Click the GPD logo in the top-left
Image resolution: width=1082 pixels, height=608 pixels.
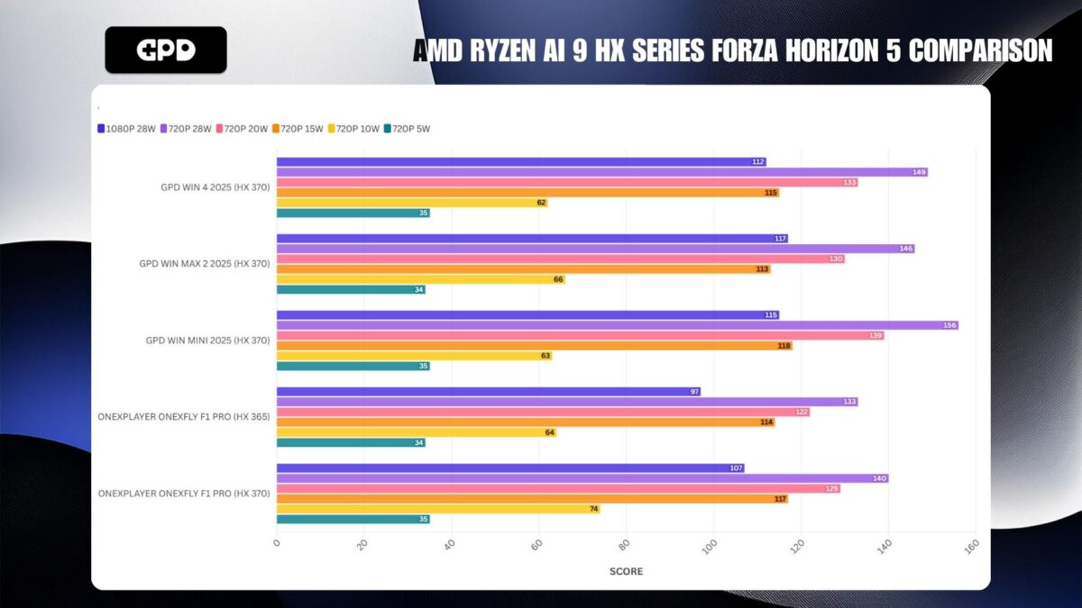click(x=166, y=50)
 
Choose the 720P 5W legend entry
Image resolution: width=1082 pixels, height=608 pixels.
click(x=407, y=129)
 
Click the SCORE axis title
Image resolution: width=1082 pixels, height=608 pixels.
click(x=626, y=571)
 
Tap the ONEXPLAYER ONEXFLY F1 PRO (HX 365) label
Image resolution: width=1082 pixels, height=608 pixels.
click(x=184, y=417)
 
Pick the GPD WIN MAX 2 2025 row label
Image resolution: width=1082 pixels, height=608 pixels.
click(x=204, y=264)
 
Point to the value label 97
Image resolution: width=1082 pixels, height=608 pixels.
click(x=692, y=392)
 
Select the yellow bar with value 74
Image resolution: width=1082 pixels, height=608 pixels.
click(x=437, y=509)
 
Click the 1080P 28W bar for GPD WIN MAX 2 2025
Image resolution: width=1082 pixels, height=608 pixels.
click(x=532, y=239)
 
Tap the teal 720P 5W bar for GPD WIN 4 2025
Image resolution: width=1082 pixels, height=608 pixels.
click(x=353, y=213)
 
